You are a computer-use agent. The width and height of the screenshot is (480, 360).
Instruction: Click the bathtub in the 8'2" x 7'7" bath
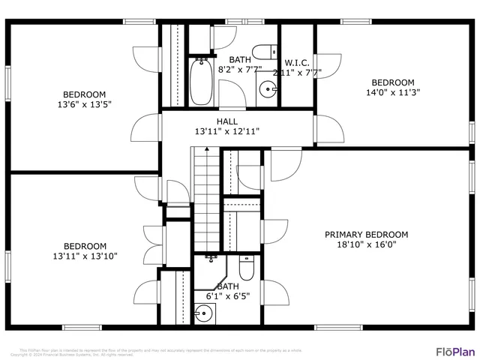tap(200, 82)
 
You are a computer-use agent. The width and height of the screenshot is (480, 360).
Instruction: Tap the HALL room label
tap(227, 121)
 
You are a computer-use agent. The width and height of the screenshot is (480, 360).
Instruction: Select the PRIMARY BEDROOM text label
tap(366, 235)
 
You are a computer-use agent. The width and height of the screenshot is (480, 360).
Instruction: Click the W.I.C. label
tap(297, 62)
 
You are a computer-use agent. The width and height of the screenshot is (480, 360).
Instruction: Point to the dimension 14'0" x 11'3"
tap(393, 93)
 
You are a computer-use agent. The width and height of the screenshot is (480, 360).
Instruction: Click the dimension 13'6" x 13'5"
tap(84, 105)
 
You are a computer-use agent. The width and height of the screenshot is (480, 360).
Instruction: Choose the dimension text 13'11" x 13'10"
tap(84, 256)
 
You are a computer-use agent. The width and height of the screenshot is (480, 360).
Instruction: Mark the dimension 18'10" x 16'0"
tap(366, 244)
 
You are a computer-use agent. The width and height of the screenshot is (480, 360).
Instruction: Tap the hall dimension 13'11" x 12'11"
tap(227, 131)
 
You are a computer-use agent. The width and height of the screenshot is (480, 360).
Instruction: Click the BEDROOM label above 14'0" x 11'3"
tap(393, 82)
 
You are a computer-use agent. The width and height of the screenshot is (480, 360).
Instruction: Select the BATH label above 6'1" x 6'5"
tap(228, 286)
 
